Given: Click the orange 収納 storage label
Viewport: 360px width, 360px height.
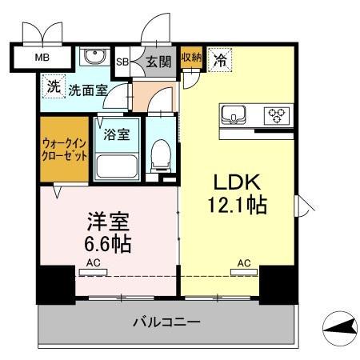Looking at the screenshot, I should coord(190,57).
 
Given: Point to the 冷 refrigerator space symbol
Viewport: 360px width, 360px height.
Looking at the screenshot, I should coord(218,58).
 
